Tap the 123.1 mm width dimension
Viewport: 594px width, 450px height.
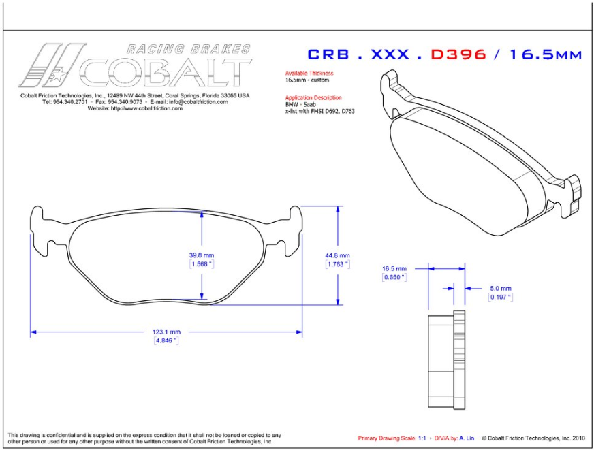166,332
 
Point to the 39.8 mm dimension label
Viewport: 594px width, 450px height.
202,255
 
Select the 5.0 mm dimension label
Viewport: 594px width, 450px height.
500,288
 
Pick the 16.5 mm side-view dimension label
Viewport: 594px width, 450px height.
394,269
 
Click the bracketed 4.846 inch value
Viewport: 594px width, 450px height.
166,340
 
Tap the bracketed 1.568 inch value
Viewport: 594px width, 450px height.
202,263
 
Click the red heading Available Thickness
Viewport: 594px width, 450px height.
309,73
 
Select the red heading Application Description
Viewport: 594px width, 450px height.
313,97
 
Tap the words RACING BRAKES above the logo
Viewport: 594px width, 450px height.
189,49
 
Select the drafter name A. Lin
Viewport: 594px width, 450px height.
465,438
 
